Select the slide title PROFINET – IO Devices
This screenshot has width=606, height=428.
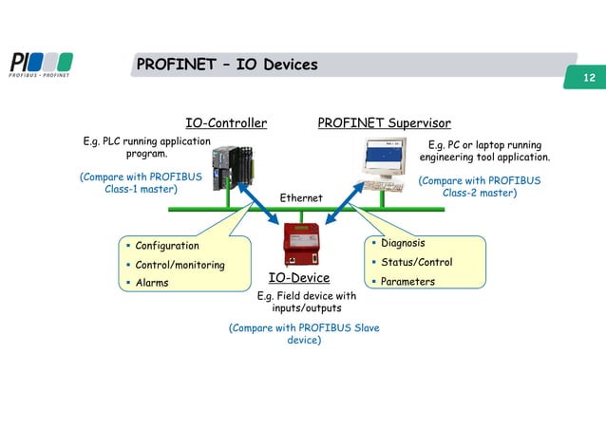tap(227, 65)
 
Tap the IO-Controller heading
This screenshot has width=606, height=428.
tap(226, 122)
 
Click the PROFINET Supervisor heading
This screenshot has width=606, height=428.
tap(384, 122)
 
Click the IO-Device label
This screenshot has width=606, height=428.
tap(298, 278)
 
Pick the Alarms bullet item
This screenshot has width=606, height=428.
tap(152, 283)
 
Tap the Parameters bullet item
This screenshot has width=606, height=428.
tap(407, 281)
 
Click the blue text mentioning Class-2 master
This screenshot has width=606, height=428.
tap(480, 187)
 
